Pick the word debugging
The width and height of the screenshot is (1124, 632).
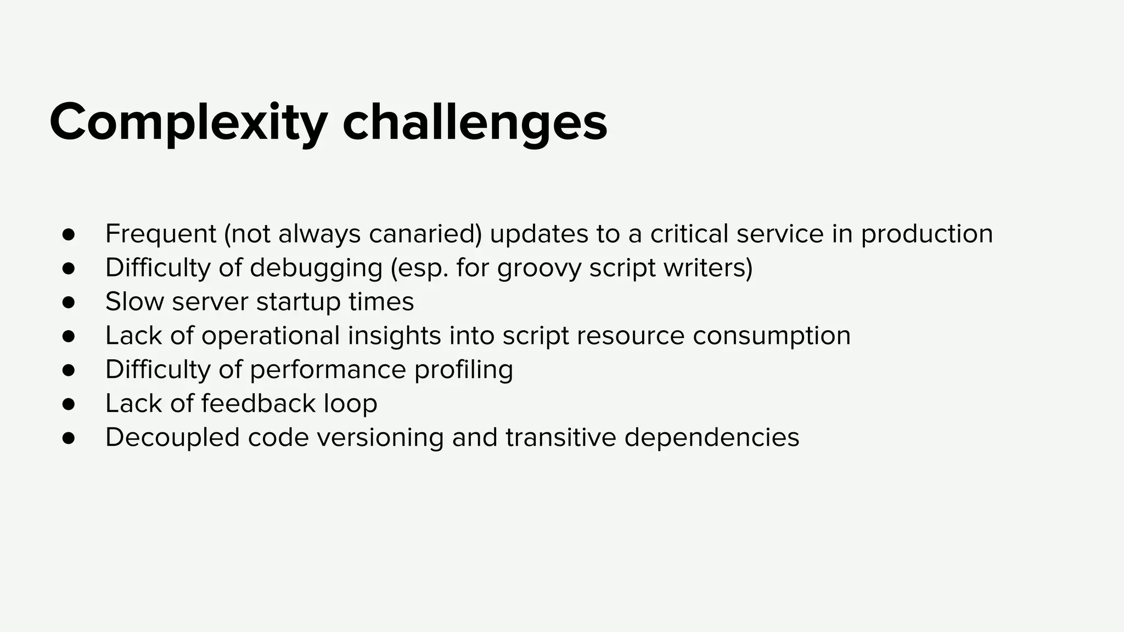pos(316,268)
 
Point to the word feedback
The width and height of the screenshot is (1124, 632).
pos(258,404)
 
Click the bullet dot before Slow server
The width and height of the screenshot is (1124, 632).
pos(68,302)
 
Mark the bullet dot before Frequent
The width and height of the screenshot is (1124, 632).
pos(68,234)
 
